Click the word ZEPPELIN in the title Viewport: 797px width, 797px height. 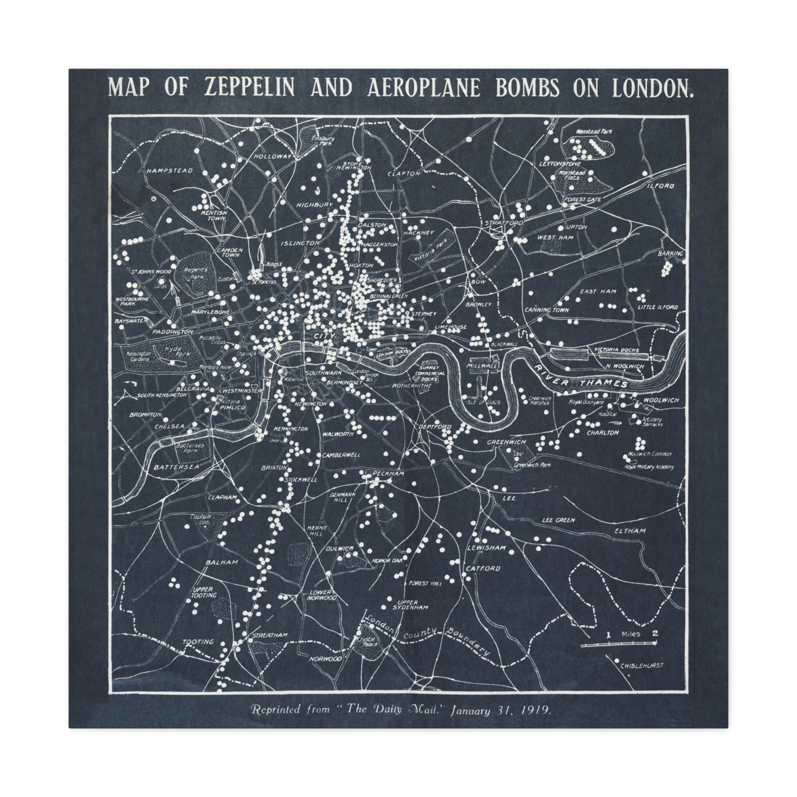[x=249, y=88]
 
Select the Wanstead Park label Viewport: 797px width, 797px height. [x=594, y=131]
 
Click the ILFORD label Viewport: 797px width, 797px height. [x=660, y=186]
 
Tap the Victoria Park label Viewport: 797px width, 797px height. [x=428, y=250]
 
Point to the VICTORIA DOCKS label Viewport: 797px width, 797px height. [x=616, y=350]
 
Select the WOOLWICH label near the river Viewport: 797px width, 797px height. [x=661, y=400]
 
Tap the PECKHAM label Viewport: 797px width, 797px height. [x=388, y=474]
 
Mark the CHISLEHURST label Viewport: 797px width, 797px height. [x=641, y=665]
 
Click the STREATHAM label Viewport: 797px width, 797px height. [x=270, y=635]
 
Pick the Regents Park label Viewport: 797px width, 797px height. [x=195, y=273]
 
